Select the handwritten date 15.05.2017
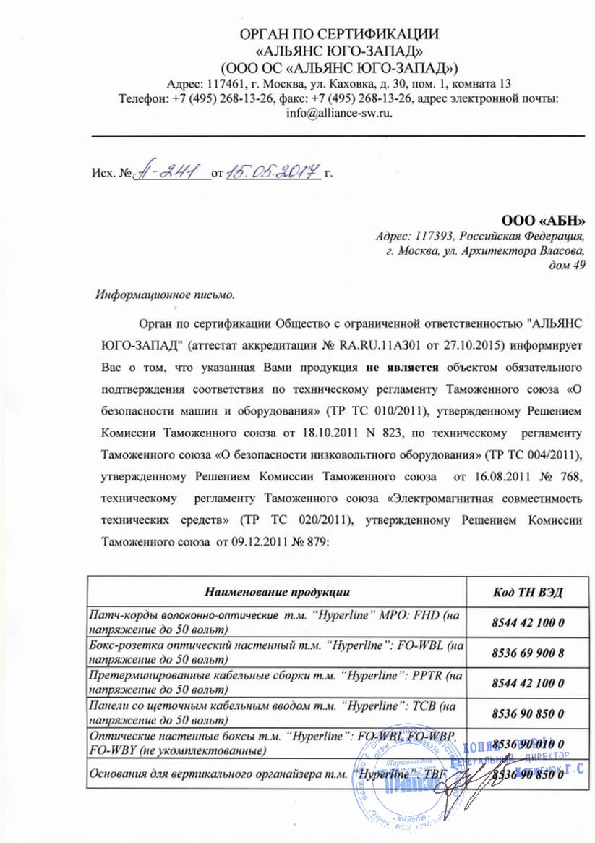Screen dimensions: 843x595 (273, 172)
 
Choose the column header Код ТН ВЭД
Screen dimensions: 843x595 (528, 592)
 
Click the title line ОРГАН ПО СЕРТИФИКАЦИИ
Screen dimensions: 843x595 (339, 34)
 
